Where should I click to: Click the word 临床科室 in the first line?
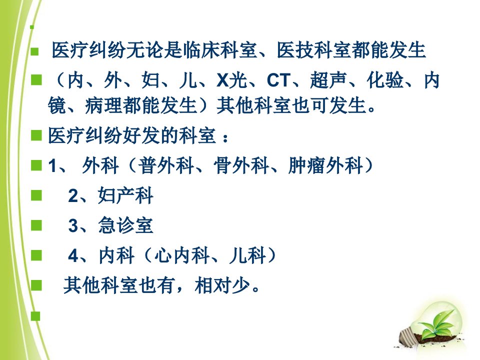220,50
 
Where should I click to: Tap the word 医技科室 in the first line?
314,50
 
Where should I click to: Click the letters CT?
278,80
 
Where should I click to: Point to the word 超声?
328,80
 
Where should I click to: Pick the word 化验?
385,80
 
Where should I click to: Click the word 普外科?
166,165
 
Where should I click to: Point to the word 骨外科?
241,165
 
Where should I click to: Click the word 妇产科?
125,195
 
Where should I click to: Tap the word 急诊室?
125,225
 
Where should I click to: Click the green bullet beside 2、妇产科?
36,195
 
